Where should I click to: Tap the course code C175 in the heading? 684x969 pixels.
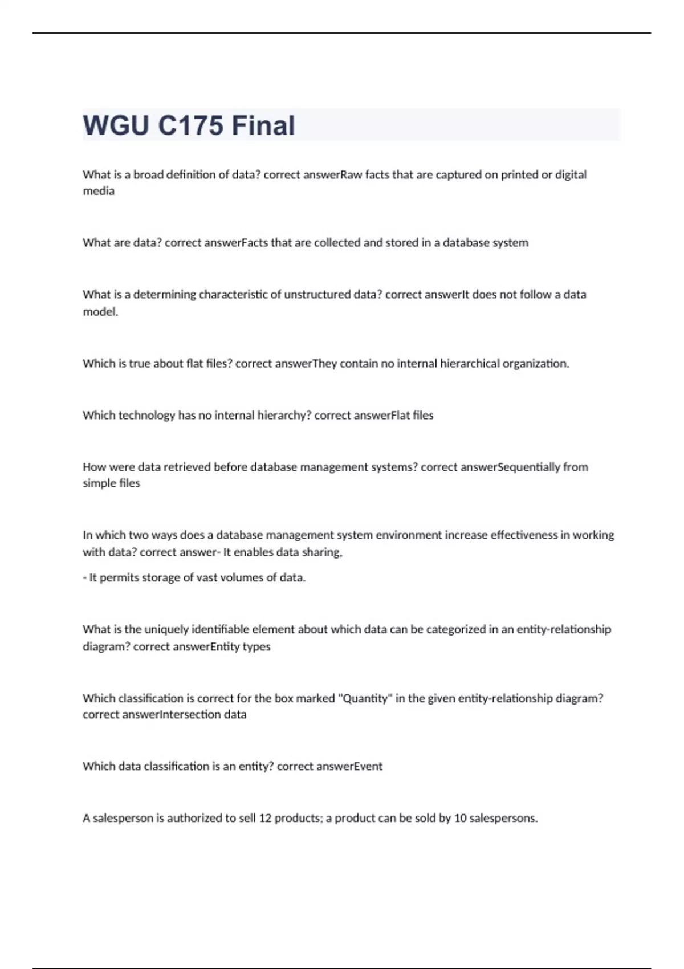(190, 125)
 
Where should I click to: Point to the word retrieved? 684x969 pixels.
(187, 467)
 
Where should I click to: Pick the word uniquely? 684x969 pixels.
(166, 629)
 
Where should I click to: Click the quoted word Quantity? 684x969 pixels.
(364, 698)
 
